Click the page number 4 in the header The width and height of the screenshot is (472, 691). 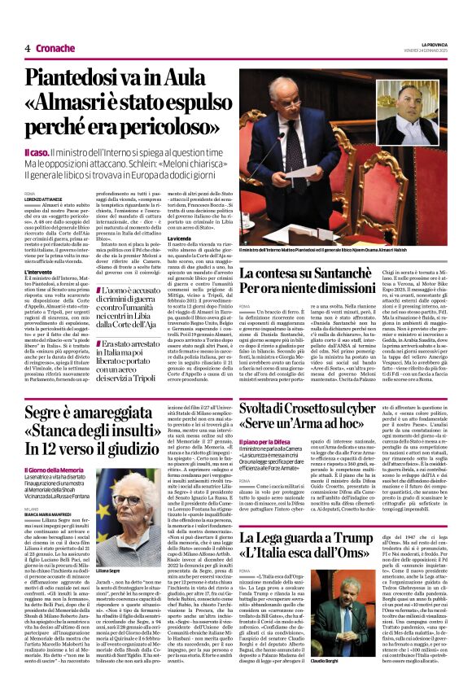click(x=27, y=48)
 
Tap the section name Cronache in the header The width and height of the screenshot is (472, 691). click(x=55, y=48)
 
